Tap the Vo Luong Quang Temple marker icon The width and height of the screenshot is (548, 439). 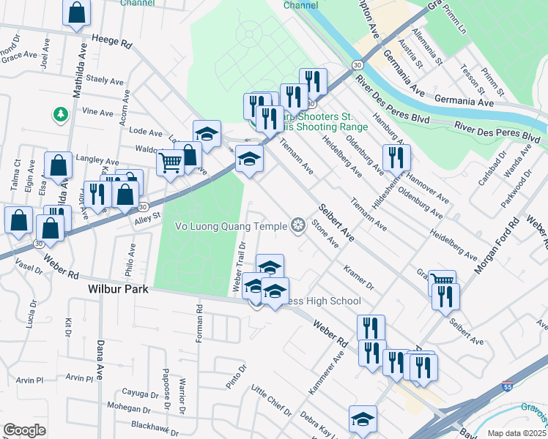click(297, 225)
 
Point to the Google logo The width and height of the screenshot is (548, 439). click(24, 429)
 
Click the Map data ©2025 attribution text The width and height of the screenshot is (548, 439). click(517, 433)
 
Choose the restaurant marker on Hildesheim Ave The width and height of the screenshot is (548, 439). click(396, 157)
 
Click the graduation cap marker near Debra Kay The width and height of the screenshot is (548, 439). click(363, 419)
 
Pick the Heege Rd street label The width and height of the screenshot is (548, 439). click(111, 41)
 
